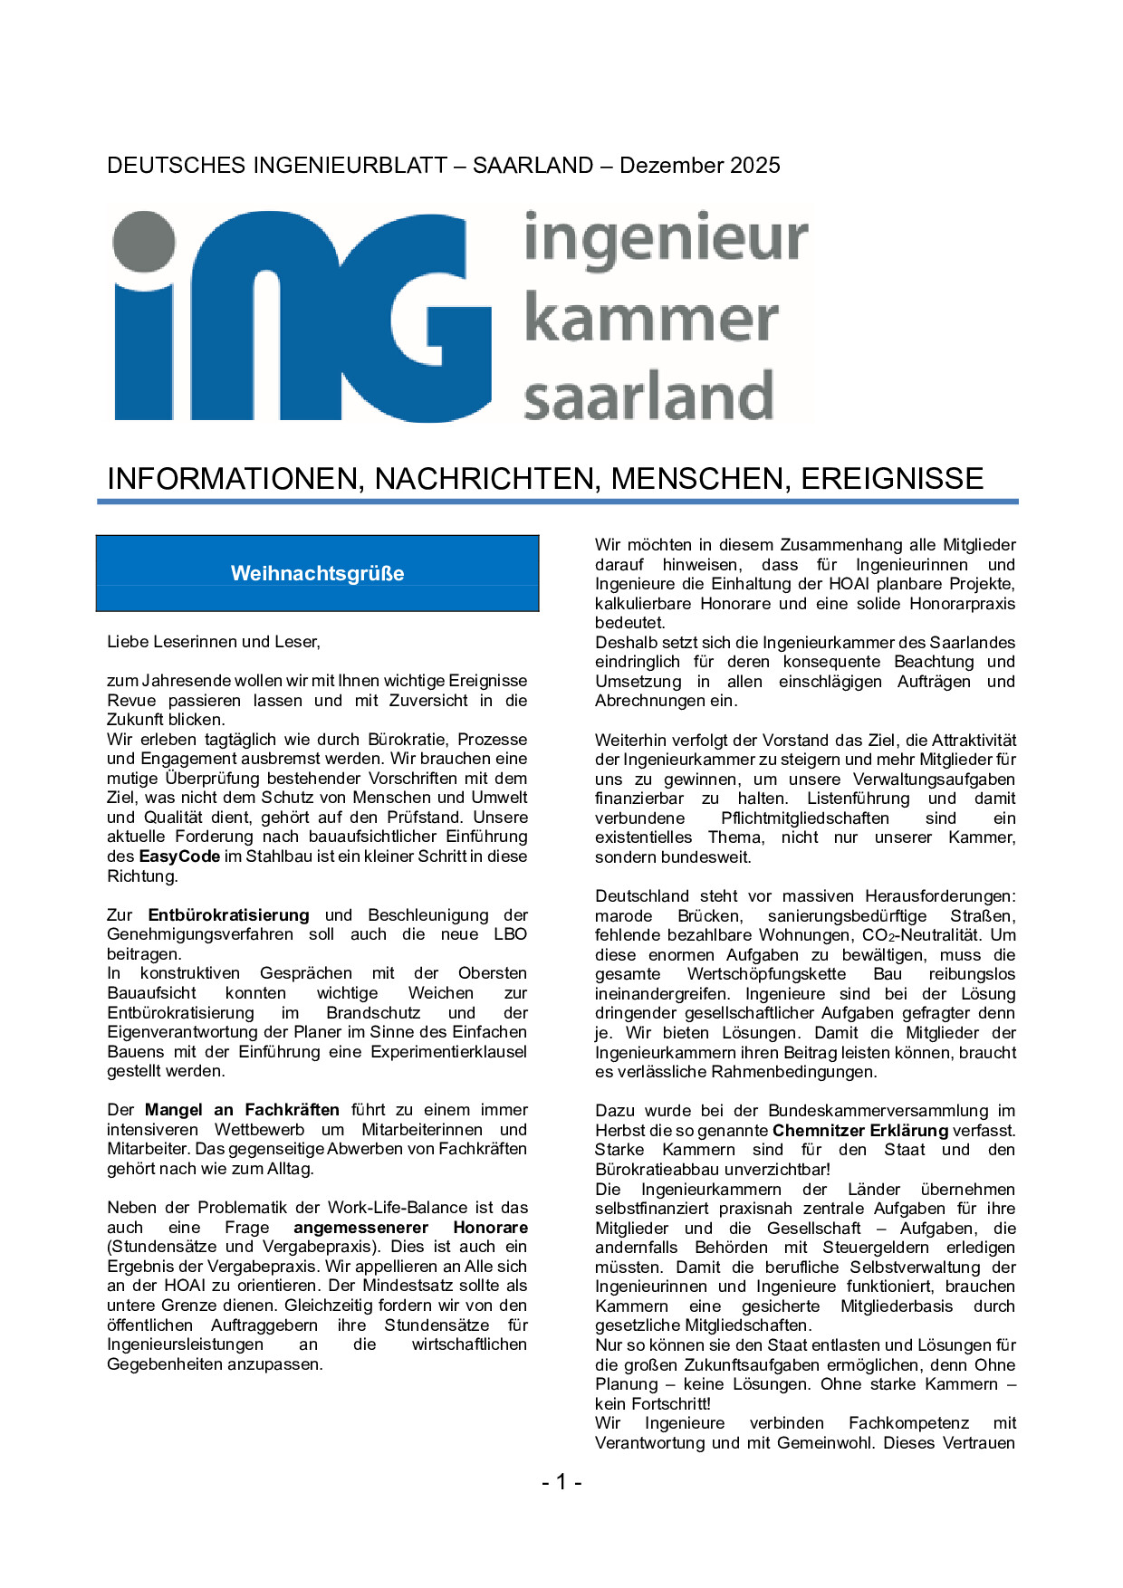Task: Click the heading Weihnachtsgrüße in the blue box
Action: [317, 573]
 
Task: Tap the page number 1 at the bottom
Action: [561, 1481]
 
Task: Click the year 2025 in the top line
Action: [751, 165]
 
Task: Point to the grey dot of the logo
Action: [144, 243]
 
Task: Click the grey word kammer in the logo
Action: [651, 319]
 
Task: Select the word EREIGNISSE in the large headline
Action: [891, 478]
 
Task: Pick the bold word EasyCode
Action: [179, 856]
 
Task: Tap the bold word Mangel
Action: [173, 1110]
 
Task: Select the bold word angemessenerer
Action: [360, 1228]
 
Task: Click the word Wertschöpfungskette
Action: [766, 974]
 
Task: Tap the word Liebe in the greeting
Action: [127, 642]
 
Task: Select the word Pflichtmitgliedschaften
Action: [805, 818]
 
